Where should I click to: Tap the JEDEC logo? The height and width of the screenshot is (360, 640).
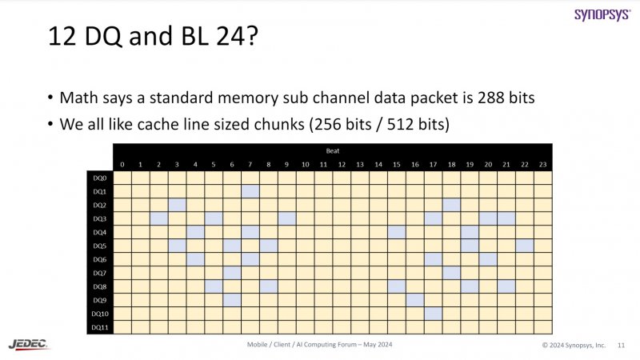[x=29, y=343]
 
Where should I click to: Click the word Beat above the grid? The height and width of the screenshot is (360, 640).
[x=332, y=150]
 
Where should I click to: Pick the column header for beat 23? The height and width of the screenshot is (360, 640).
[x=542, y=165]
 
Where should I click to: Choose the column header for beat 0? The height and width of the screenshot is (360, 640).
[x=122, y=165]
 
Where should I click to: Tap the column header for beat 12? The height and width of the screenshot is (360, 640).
[x=342, y=165]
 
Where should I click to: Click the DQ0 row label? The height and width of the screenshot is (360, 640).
[x=99, y=178]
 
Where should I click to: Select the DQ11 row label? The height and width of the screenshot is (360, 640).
[x=99, y=326]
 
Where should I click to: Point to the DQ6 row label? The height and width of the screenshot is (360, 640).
[x=99, y=259]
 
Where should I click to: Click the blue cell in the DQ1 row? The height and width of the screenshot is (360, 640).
[x=250, y=191]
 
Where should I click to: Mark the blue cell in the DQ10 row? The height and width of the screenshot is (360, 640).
[x=433, y=313]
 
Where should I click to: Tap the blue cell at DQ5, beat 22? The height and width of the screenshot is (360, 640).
[x=524, y=246]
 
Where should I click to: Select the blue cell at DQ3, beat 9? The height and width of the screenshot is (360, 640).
[x=287, y=218]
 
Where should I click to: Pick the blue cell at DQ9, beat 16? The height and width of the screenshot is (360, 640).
[x=414, y=299]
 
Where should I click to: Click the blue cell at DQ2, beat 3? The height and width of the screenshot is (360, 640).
[x=178, y=205]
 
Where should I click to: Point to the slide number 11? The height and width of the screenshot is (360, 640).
[x=622, y=345]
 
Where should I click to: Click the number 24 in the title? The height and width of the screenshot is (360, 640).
[x=236, y=37]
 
